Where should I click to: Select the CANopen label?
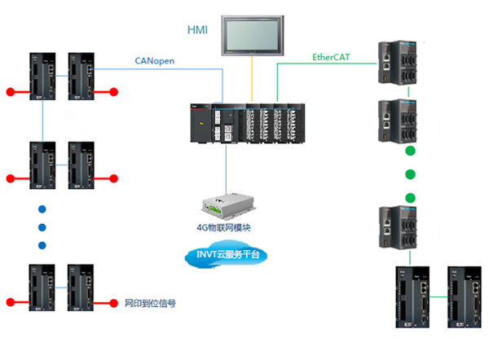[x=155, y=61]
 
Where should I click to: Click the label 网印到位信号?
[x=150, y=303]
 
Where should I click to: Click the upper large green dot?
[x=410, y=151]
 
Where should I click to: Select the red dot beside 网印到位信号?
[x=115, y=303]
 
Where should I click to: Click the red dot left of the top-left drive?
[x=10, y=90]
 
